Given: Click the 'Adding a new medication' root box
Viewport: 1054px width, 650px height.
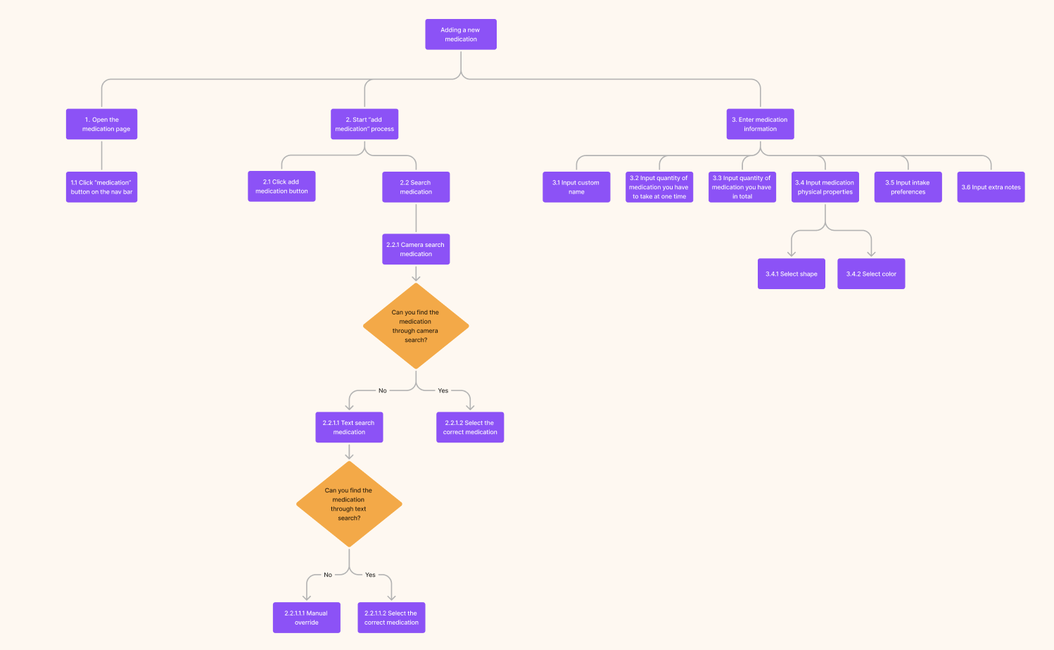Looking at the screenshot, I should coord(461,34).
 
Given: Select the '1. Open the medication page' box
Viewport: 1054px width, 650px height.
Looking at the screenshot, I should coord(102,124).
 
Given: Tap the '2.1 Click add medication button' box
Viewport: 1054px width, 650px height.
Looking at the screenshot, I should coord(281,186).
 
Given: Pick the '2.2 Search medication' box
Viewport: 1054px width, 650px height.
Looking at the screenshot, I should coord(416,187).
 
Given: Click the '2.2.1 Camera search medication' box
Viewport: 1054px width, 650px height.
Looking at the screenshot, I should coord(416,249).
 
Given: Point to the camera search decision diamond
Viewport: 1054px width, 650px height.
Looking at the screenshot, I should coord(416,326).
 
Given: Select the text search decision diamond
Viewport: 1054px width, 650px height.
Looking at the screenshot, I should coord(349,504).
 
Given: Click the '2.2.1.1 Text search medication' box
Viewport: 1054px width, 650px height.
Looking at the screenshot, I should coord(349,427).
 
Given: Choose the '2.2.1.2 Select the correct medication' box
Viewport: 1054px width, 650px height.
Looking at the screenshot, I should coord(470,427).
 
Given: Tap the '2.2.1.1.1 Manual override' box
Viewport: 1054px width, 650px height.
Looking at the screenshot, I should coord(307,618).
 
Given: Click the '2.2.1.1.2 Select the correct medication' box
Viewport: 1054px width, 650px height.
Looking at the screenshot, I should coord(391,618).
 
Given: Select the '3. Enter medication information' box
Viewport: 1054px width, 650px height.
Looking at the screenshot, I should coord(760,124).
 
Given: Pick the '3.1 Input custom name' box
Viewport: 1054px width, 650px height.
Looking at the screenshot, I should coord(576,187).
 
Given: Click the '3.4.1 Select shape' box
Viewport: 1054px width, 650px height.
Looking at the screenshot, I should coord(792,274).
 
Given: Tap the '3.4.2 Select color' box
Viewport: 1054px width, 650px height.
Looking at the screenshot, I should coord(871,274).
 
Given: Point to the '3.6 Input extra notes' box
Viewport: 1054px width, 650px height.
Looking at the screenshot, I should coord(991,187).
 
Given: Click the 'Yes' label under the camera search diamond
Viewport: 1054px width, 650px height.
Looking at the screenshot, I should coord(443,390).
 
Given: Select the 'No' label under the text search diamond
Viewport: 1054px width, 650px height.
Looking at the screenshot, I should coord(328,575).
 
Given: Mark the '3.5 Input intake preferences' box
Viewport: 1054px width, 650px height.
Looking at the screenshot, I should coord(908,187).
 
